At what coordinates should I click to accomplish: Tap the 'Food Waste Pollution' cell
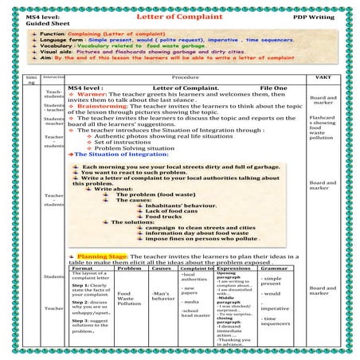(129, 298)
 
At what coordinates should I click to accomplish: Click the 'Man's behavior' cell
(162, 297)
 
